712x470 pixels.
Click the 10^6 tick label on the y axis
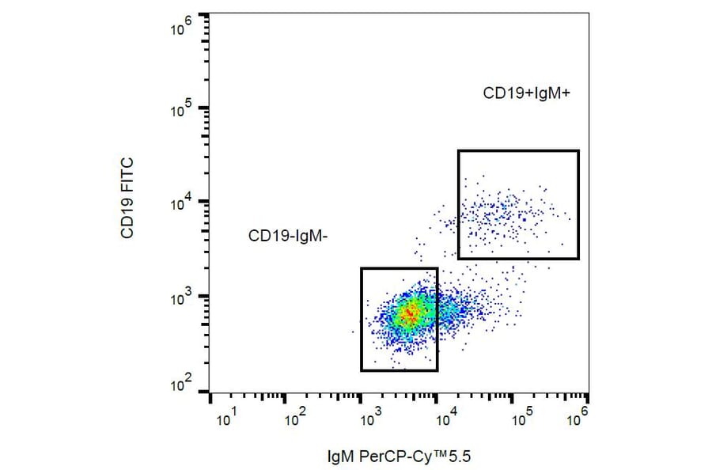tap(182, 29)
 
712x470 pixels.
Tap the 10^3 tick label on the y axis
tap(182, 296)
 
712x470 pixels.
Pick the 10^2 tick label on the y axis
tap(182, 386)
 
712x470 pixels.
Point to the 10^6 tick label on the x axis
tap(578, 416)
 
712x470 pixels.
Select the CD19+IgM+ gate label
tap(527, 93)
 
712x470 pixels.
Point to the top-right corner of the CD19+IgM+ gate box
tap(578, 150)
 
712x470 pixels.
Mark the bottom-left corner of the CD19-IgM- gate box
tap(362, 370)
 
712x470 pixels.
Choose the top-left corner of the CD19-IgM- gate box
tap(362, 268)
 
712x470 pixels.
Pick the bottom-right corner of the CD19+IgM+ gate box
tap(578, 259)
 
